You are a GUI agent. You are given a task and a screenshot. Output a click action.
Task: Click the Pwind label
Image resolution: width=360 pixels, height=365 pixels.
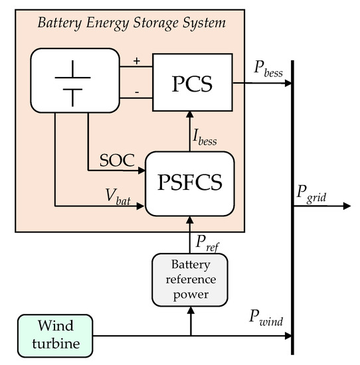[267, 321]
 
